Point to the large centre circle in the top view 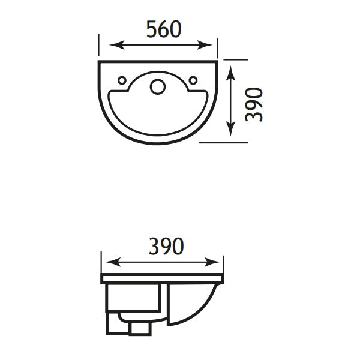point(158,87)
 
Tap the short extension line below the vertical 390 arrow point(223,143)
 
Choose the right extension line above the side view point(223,264)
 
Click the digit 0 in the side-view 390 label point(176,246)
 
